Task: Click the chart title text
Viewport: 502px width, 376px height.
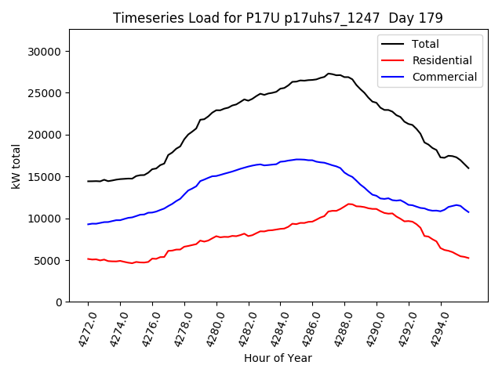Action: [278, 18]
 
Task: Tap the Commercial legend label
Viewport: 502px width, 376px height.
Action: [444, 77]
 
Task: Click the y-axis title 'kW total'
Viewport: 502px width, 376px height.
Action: [16, 165]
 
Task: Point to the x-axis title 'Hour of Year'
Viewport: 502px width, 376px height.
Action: [278, 358]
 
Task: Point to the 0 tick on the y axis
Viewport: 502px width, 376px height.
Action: [59, 302]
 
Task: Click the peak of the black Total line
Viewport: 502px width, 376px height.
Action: [329, 74]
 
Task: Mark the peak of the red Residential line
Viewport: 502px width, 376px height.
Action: [350, 204]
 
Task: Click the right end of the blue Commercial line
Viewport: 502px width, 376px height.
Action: [468, 211]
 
